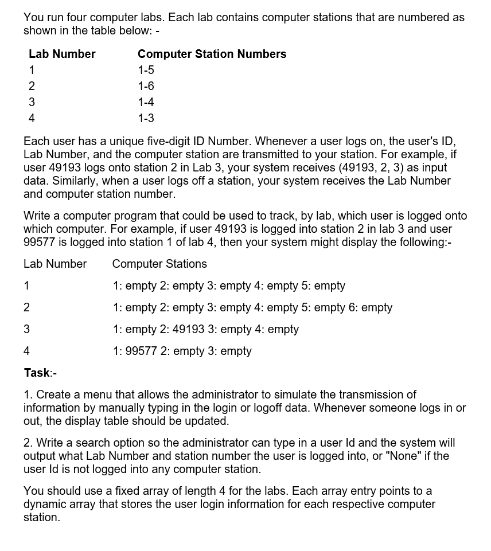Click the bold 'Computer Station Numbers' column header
tap(212, 54)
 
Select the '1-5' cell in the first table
tap(146, 70)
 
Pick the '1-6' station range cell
tap(146, 86)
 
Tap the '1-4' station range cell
tap(146, 102)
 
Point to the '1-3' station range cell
tap(146, 118)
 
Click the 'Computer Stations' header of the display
tap(159, 264)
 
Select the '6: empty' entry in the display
tap(371, 307)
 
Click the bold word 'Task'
tap(37, 373)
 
